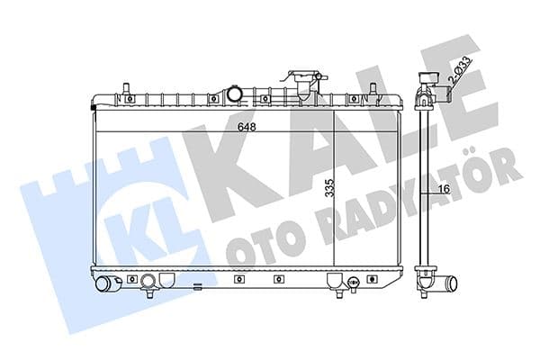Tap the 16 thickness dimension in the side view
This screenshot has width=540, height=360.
click(x=442, y=188)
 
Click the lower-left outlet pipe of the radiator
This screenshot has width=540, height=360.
click(x=109, y=284)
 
